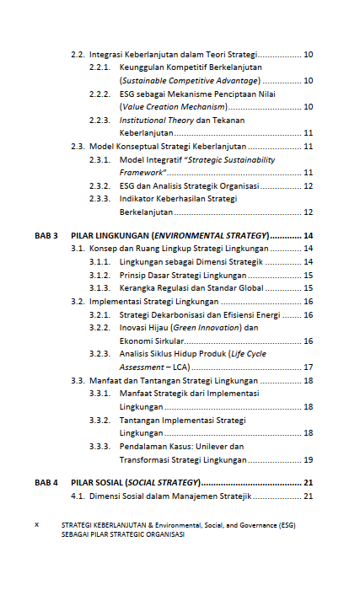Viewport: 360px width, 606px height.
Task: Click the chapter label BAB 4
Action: [46, 483]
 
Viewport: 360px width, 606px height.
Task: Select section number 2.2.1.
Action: [100, 67]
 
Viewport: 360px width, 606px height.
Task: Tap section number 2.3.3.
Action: [100, 199]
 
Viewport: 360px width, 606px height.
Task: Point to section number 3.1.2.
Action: [100, 275]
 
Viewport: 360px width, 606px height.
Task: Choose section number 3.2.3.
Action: [100, 354]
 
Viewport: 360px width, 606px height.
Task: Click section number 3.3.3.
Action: [100, 447]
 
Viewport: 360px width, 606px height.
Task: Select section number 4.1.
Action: [78, 496]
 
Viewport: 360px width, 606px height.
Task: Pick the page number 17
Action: [309, 367]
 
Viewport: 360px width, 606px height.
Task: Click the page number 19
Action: [309, 460]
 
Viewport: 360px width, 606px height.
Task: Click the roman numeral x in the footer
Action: [36, 523]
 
